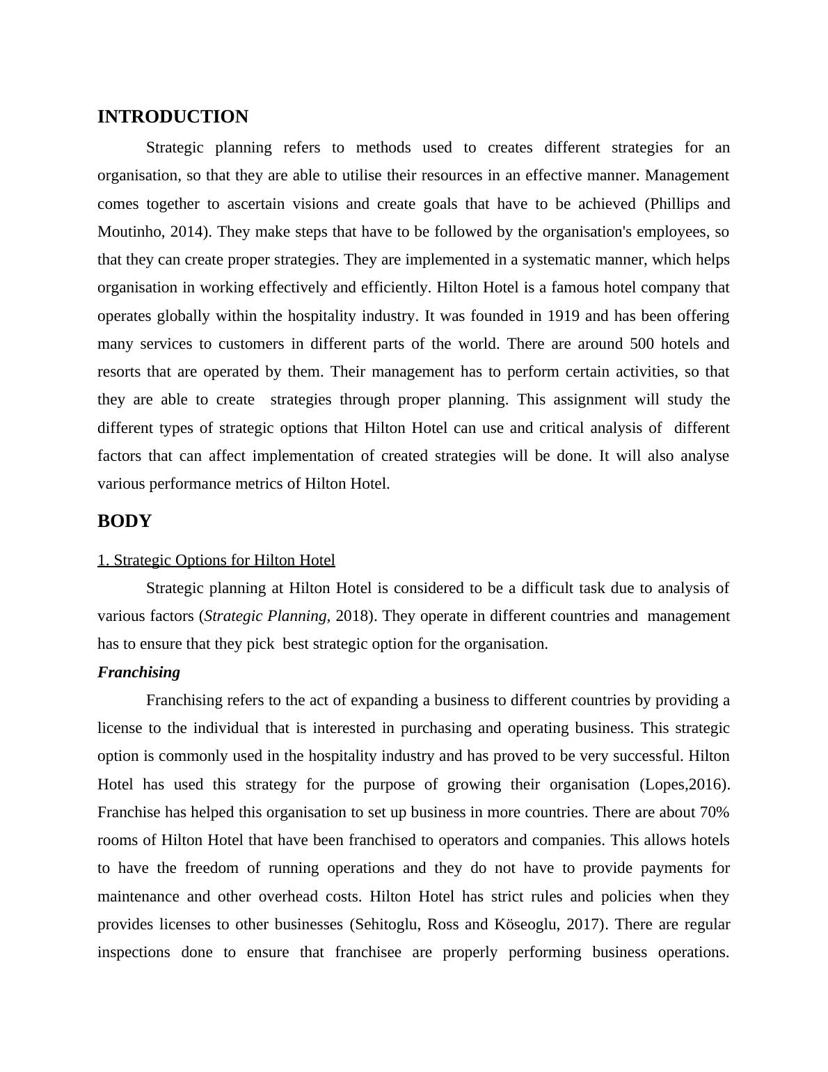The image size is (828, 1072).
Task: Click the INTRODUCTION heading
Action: (173, 117)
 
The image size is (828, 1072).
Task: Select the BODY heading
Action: (125, 521)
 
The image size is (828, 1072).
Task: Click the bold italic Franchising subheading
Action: (138, 672)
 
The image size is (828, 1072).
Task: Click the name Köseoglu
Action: (527, 924)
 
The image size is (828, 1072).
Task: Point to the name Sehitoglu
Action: (387, 924)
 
